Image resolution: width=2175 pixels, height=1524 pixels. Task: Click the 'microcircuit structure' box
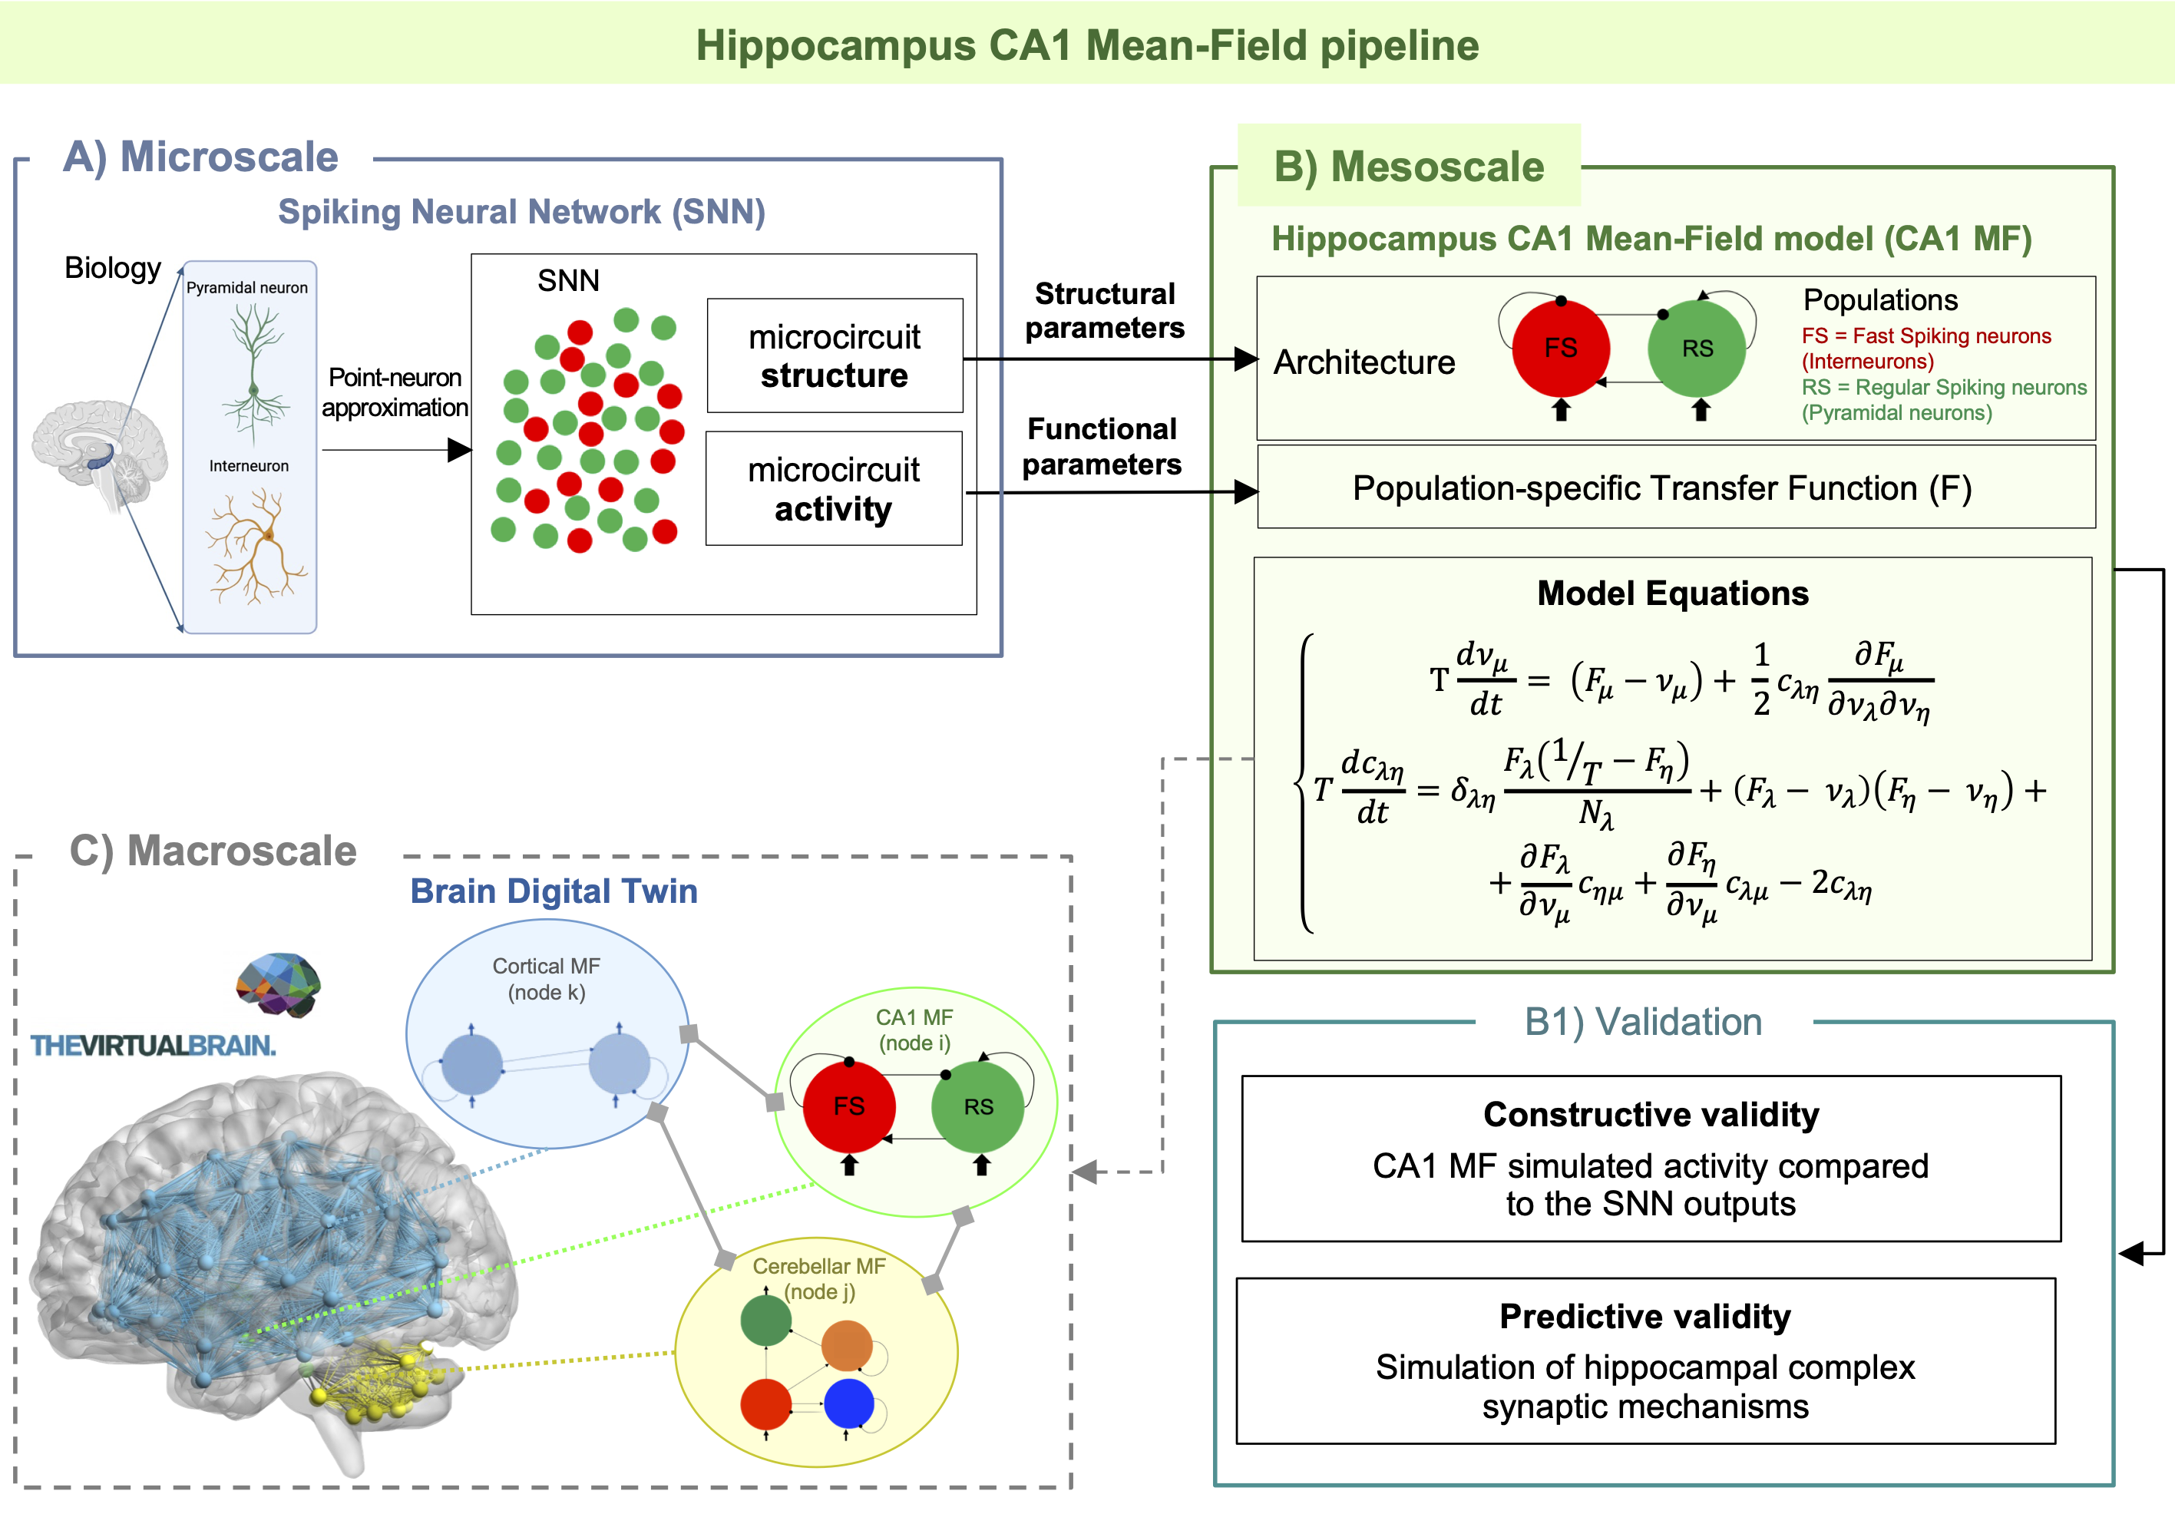pyautogui.click(x=835, y=355)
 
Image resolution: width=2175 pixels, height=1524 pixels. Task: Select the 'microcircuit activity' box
pyautogui.click(x=834, y=489)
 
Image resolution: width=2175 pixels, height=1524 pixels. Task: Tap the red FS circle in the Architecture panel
pyautogui.click(x=1560, y=348)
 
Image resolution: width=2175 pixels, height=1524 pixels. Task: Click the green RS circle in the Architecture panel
pyautogui.click(x=1697, y=348)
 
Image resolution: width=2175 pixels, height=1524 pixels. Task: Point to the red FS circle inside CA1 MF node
pyautogui.click(x=849, y=1106)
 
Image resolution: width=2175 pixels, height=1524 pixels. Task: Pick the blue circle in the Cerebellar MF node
pyautogui.click(x=849, y=1403)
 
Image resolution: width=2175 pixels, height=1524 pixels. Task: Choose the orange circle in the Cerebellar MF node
pyautogui.click(x=846, y=1346)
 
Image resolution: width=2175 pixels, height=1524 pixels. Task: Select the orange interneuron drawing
pyautogui.click(x=256, y=546)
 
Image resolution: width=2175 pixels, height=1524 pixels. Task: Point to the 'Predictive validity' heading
pyautogui.click(x=1645, y=1317)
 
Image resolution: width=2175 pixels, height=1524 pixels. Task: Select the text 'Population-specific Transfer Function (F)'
pyautogui.click(x=1662, y=489)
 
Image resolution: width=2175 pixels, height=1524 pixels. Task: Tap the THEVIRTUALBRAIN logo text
pyautogui.click(x=154, y=1046)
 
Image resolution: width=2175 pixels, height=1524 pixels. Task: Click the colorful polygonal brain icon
pyautogui.click(x=279, y=985)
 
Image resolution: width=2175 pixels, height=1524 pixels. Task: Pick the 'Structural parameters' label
pyautogui.click(x=1105, y=311)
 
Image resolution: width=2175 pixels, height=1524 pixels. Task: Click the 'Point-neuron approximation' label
pyautogui.click(x=395, y=392)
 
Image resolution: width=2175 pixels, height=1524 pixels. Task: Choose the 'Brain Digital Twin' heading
pyautogui.click(x=554, y=891)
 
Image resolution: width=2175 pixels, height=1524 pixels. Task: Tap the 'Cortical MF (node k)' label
pyautogui.click(x=547, y=980)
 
